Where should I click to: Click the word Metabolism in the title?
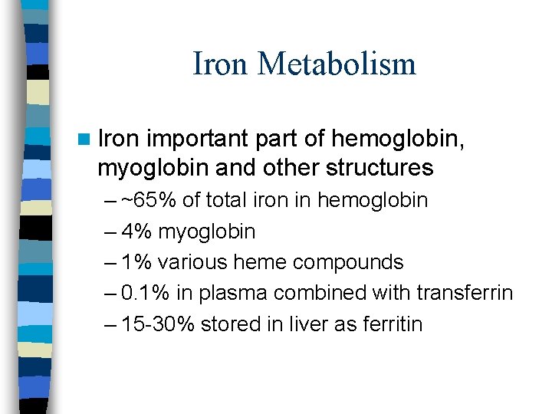point(337,64)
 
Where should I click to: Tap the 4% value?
point(136,232)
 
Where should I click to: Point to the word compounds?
point(348,263)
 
